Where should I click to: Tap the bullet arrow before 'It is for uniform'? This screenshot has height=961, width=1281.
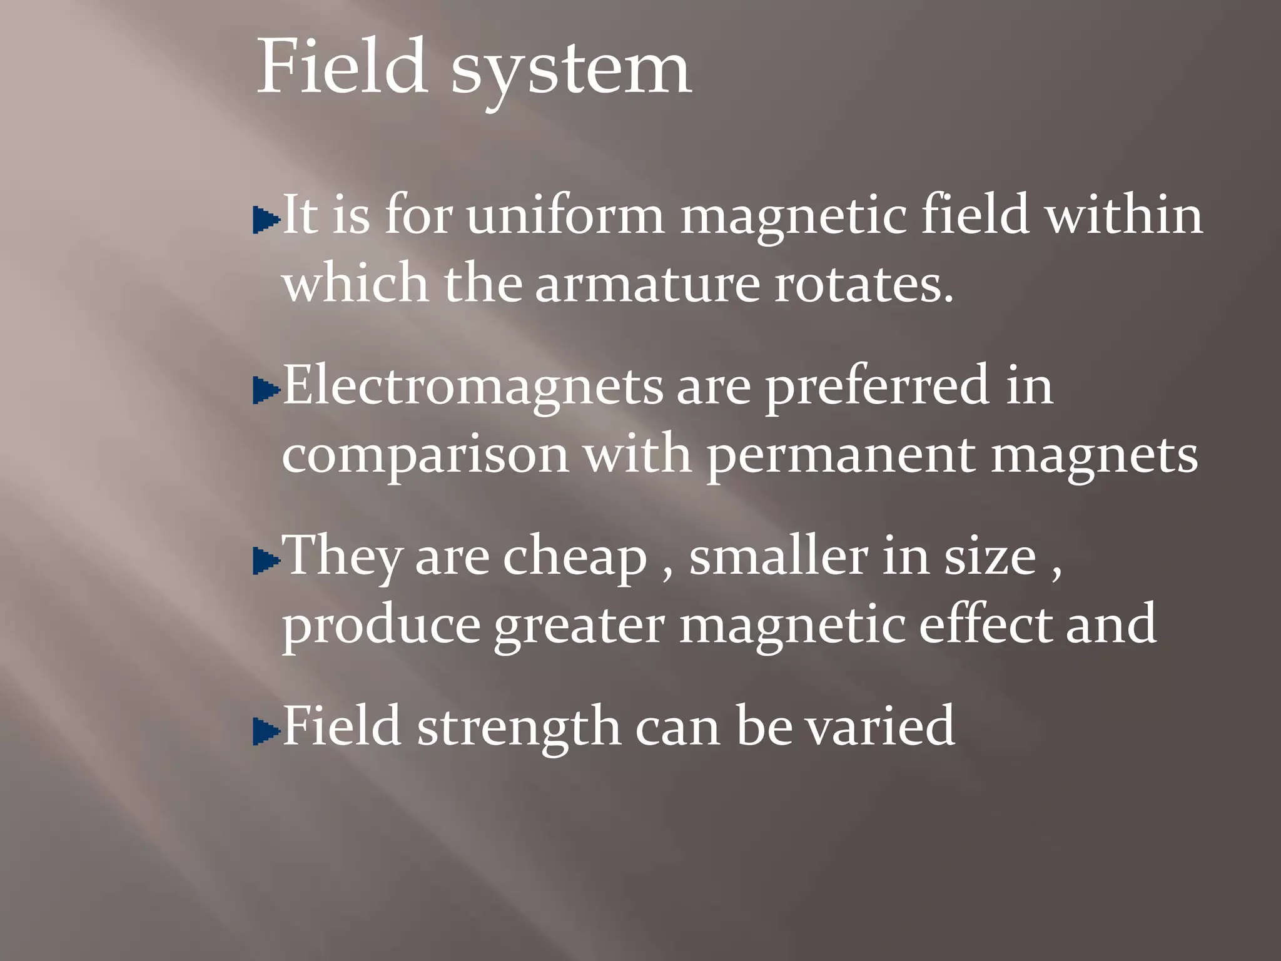266,220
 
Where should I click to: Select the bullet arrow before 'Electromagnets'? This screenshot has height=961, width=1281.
266,391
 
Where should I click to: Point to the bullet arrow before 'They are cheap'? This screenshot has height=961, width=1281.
266,561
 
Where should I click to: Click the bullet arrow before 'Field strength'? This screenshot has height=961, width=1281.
266,731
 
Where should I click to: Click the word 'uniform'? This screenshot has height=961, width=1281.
565,215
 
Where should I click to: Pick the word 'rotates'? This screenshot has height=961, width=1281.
863,283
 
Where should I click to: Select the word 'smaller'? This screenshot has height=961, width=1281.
778,556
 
